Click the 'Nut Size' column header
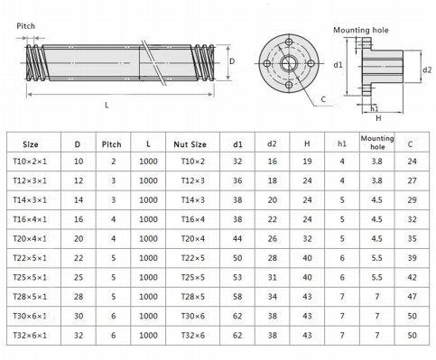pos(190,144)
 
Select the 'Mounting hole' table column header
pos(377,143)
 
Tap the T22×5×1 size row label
pos(30,258)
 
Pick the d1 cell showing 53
pos(237,277)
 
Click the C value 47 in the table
pos(412,297)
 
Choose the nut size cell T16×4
pos(193,219)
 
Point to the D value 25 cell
pos(79,277)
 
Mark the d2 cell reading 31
pos(273,277)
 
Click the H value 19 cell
pos(307,162)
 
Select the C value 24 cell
pos(412,162)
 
